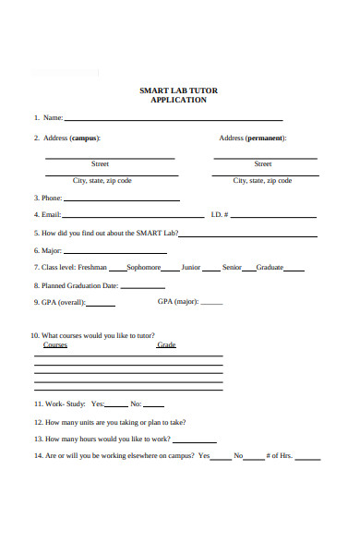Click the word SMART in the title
151,90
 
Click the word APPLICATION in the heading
178,100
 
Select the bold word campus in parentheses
85,138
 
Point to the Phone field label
50,198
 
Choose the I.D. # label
219,215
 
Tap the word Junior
190,268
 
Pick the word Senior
231,268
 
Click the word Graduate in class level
270,268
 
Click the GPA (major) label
178,302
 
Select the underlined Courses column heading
55,344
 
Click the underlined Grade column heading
166,344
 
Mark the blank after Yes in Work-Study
117,405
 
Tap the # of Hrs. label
279,456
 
